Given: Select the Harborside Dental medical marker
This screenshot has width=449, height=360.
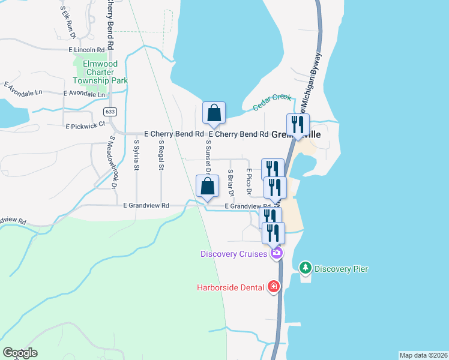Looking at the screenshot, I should point(274,287).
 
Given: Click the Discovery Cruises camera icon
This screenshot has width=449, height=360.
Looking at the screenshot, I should point(276,253).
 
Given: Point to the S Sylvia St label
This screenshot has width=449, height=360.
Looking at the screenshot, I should point(137,155).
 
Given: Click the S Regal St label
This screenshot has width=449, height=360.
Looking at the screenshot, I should point(161,155).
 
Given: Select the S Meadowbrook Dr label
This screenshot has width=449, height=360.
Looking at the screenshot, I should point(113,162).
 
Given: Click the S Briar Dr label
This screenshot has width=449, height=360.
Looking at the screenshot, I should point(230,182).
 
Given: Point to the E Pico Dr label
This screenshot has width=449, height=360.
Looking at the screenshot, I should point(248,181).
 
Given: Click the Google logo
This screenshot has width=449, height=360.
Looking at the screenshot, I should point(20,353).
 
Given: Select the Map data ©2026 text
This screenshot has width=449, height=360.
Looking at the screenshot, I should point(423,355).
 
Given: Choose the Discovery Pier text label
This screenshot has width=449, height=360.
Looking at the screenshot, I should point(341,269).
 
